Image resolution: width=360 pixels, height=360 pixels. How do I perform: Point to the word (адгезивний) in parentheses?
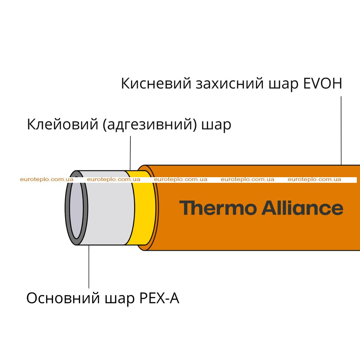(x=150, y=125)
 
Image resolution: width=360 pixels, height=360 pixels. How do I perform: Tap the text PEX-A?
(x=159, y=298)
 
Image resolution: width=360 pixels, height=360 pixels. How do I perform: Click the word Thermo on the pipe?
(x=218, y=208)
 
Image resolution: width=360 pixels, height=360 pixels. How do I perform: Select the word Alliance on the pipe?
(x=302, y=208)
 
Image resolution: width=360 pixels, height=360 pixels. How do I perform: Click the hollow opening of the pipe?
(x=76, y=208)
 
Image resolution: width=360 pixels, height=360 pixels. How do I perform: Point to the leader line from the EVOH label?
(x=341, y=130)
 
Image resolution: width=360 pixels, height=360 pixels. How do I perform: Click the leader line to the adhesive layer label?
(x=130, y=153)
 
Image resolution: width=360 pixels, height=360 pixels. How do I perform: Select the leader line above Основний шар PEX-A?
(x=89, y=266)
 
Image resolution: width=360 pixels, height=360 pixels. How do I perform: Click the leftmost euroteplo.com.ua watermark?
(x=47, y=179)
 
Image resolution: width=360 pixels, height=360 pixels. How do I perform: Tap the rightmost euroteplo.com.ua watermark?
(x=314, y=179)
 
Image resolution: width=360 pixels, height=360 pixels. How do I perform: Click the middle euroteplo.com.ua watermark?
(x=180, y=179)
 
